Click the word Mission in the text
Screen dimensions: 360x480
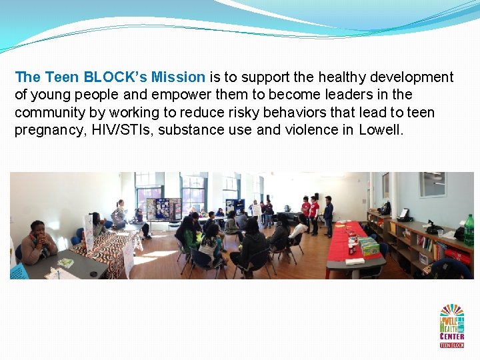coord(178,77)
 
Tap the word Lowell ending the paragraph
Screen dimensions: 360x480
coord(381,129)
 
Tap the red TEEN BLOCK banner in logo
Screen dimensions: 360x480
coord(451,344)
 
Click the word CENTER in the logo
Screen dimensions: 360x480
coord(453,335)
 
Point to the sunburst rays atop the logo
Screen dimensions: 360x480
coord(451,311)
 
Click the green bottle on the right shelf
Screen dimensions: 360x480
coord(469,231)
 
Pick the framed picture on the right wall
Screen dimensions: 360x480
coord(432,185)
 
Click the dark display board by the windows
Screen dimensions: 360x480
coord(163,208)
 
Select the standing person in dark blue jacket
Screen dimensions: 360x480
coord(328,217)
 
